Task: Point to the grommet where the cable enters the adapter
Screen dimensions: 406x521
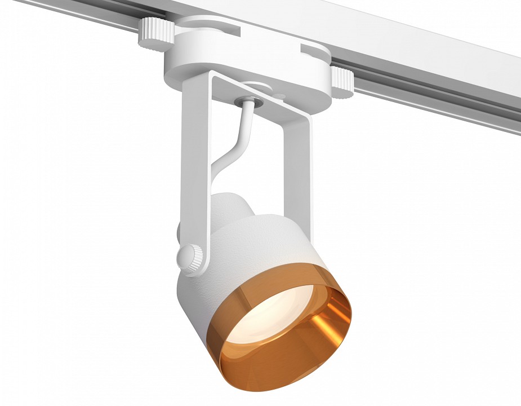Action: [x=248, y=101]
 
